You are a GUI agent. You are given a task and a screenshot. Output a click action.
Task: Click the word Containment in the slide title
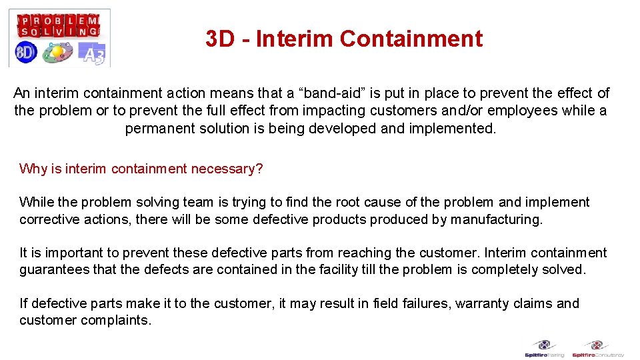411,39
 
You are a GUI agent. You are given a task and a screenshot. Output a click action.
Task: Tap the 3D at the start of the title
221,39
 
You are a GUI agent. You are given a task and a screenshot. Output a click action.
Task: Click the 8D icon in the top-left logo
27,52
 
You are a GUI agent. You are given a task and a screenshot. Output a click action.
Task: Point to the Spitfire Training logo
545,349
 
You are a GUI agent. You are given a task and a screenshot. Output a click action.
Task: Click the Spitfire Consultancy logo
597,349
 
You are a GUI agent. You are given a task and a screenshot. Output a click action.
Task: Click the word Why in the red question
33,169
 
